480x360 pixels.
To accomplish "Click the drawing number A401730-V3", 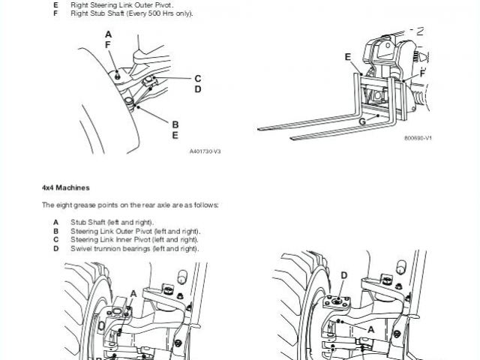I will pos(205,151).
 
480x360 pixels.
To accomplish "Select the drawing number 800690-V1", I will pos(418,139).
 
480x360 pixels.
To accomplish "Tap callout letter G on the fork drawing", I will pos(362,121).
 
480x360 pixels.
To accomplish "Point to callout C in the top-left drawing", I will pos(197,78).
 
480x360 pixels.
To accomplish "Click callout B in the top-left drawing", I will pos(175,124).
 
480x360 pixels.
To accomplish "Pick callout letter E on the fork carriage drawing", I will pos(348,56).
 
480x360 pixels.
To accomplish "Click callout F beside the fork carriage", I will pos(422,73).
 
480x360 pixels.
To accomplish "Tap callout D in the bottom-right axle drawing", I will pos(343,275).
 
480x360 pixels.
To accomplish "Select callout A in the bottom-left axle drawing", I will pos(133,292).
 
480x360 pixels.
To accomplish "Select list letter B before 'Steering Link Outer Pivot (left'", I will pos(55,231).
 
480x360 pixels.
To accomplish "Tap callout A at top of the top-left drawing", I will pos(108,34).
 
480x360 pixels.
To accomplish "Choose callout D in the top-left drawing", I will pos(197,89).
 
